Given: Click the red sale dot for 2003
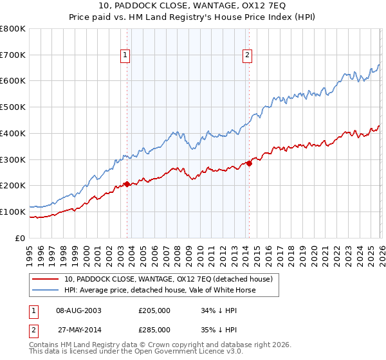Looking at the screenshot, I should coord(127,184).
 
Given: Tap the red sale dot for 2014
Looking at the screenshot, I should coord(249,163).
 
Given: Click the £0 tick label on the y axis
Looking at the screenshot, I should coord(19,238).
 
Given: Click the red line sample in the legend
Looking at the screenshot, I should coord(45,279).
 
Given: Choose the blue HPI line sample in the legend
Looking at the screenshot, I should coord(45,290).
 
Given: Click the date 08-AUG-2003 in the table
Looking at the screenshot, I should coord(79,310).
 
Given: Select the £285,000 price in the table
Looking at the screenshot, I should coord(154,329).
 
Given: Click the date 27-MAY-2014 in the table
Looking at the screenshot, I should coord(79,329).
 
